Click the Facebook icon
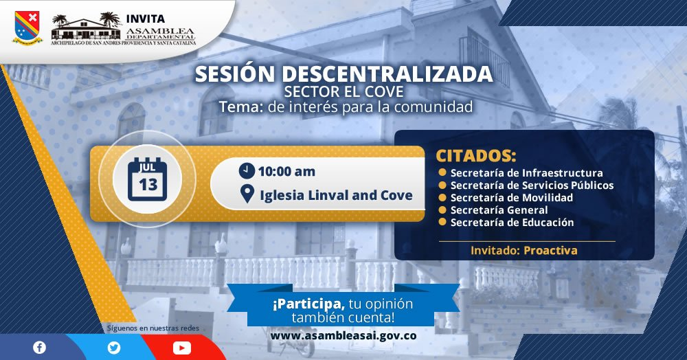[x=39, y=348]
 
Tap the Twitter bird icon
[x=114, y=348]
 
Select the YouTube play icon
[x=182, y=348]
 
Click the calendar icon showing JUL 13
[x=147, y=179]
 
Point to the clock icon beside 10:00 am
[x=247, y=170]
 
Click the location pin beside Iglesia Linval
[x=247, y=194]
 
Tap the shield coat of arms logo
[x=27, y=27]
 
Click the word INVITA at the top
[x=146, y=19]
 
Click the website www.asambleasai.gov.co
[x=343, y=336]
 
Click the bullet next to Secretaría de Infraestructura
[x=442, y=172]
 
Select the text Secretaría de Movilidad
[x=512, y=197]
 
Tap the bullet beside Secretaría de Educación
[x=442, y=222]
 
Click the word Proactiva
[x=551, y=251]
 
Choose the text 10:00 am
[x=286, y=171]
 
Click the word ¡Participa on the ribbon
[x=308, y=304]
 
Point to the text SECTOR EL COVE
[x=344, y=91]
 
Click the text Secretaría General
[x=499, y=210]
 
